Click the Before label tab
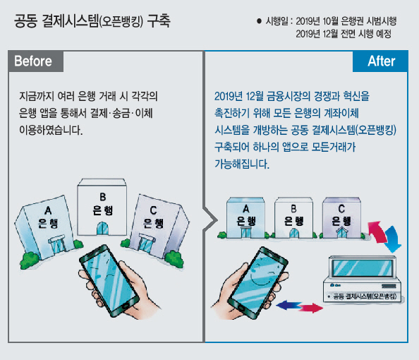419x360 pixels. click(x=36, y=61)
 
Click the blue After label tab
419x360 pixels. click(x=380, y=61)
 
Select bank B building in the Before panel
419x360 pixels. click(x=102, y=208)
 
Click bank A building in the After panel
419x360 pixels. click(x=245, y=218)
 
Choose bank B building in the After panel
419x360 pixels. click(x=293, y=218)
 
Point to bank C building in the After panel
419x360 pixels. click(x=341, y=218)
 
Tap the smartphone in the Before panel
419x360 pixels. click(x=109, y=281)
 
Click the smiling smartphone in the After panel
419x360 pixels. click(x=258, y=283)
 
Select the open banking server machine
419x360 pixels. click(x=363, y=280)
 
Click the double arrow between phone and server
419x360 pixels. click(x=299, y=307)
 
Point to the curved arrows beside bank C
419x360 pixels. click(x=385, y=235)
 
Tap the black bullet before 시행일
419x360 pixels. click(x=259, y=21)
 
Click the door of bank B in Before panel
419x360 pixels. click(x=102, y=229)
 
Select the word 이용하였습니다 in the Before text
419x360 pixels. click(x=51, y=131)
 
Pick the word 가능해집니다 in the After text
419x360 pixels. click(x=242, y=164)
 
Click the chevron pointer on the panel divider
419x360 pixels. click(x=211, y=220)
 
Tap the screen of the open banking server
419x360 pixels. click(x=363, y=268)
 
